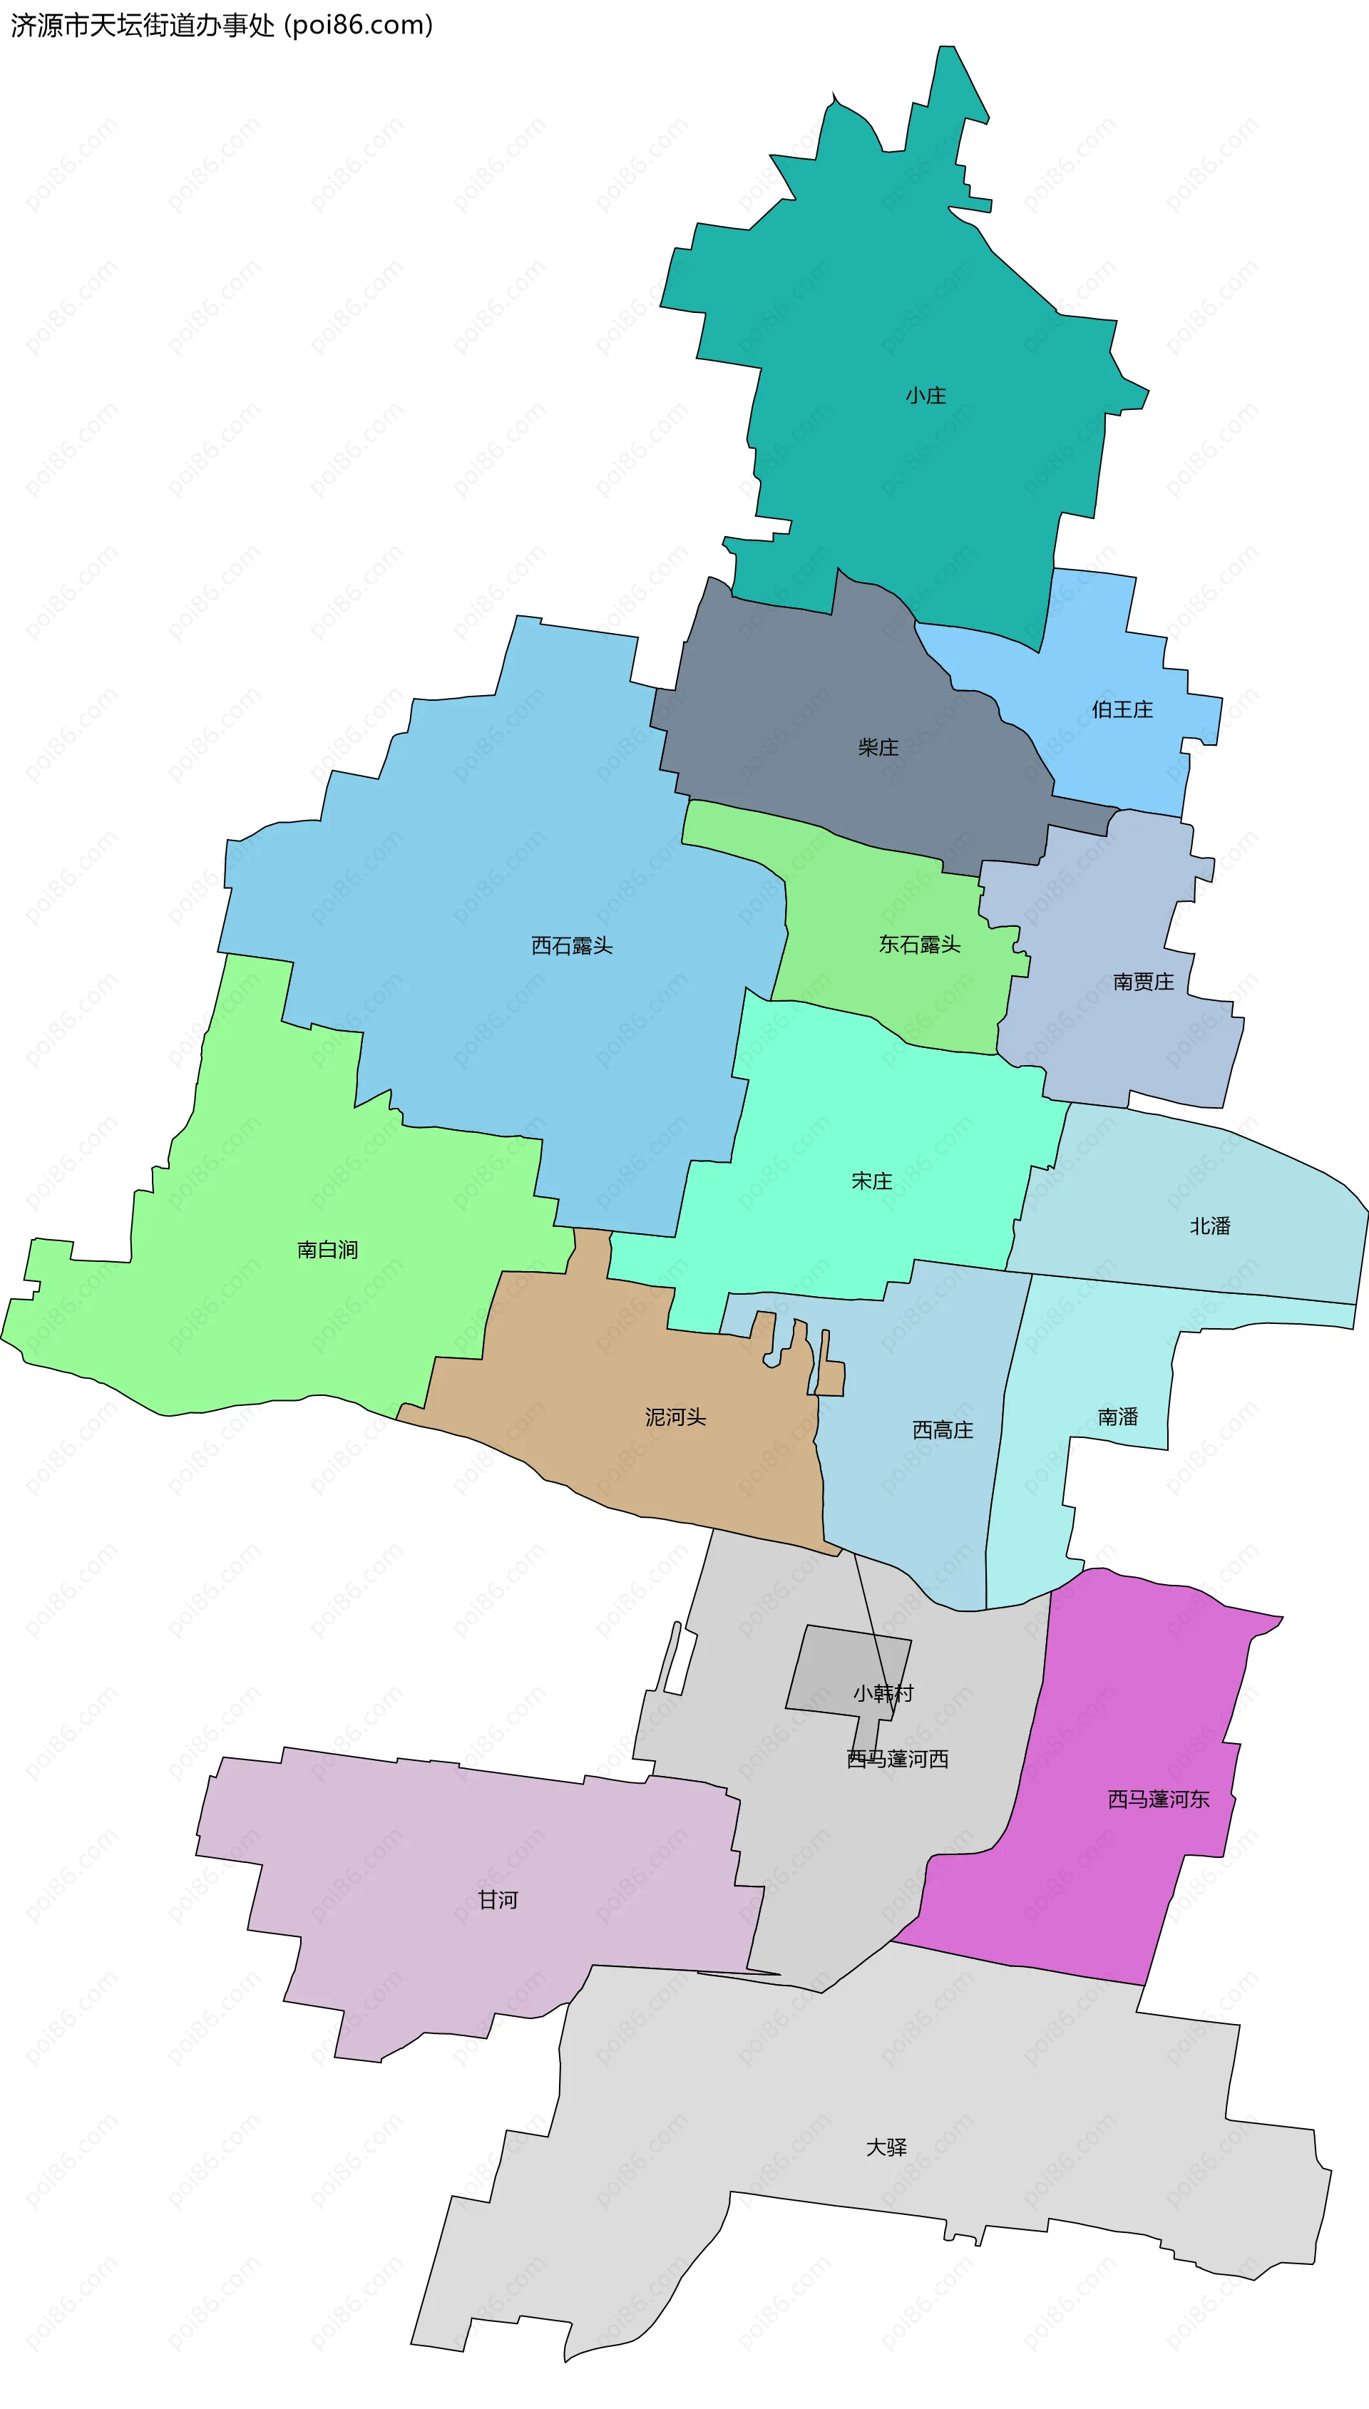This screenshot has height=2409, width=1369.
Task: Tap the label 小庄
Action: pyautogui.click(x=926, y=396)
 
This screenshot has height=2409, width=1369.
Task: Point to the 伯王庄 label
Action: pyautogui.click(x=1122, y=709)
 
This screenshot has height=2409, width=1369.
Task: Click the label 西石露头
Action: pyautogui.click(x=572, y=945)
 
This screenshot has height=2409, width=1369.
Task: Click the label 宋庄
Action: pyautogui.click(x=871, y=1181)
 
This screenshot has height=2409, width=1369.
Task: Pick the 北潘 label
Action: pyautogui.click(x=1210, y=1226)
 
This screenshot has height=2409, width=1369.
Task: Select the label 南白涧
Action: pyautogui.click(x=327, y=1250)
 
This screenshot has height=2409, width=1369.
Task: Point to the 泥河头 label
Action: pyautogui.click(x=675, y=1417)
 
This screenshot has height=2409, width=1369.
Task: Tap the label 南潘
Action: pyautogui.click(x=1118, y=1417)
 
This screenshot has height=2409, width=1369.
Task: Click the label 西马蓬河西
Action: pyautogui.click(x=897, y=1760)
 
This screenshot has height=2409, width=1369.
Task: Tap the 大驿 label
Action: pyautogui.click(x=886, y=2147)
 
